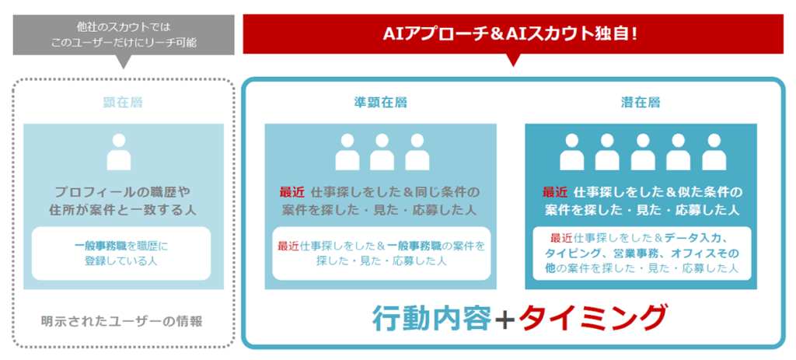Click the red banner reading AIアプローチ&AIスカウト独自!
512,33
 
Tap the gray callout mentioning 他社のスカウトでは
124,34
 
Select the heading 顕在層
123,102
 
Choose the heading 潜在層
641,102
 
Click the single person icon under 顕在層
119,152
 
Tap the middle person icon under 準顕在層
382,152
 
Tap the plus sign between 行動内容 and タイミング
504,318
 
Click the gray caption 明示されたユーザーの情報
124,320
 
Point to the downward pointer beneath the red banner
511,60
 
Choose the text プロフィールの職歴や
120,192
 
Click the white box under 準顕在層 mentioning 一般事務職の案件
381,253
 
